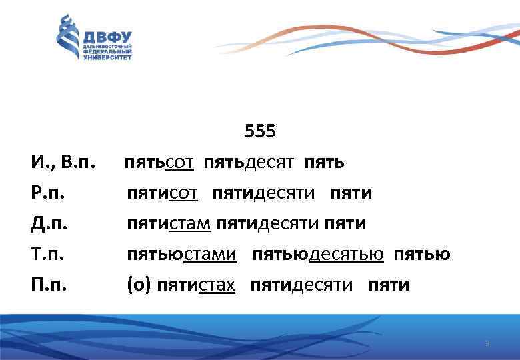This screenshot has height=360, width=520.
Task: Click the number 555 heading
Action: [x=259, y=131]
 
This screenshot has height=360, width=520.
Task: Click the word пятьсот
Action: [x=159, y=162]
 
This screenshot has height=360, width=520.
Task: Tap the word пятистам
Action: [x=169, y=223]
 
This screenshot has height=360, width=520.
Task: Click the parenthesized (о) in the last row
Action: [x=138, y=285]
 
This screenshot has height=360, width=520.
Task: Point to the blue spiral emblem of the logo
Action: [x=67, y=39]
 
